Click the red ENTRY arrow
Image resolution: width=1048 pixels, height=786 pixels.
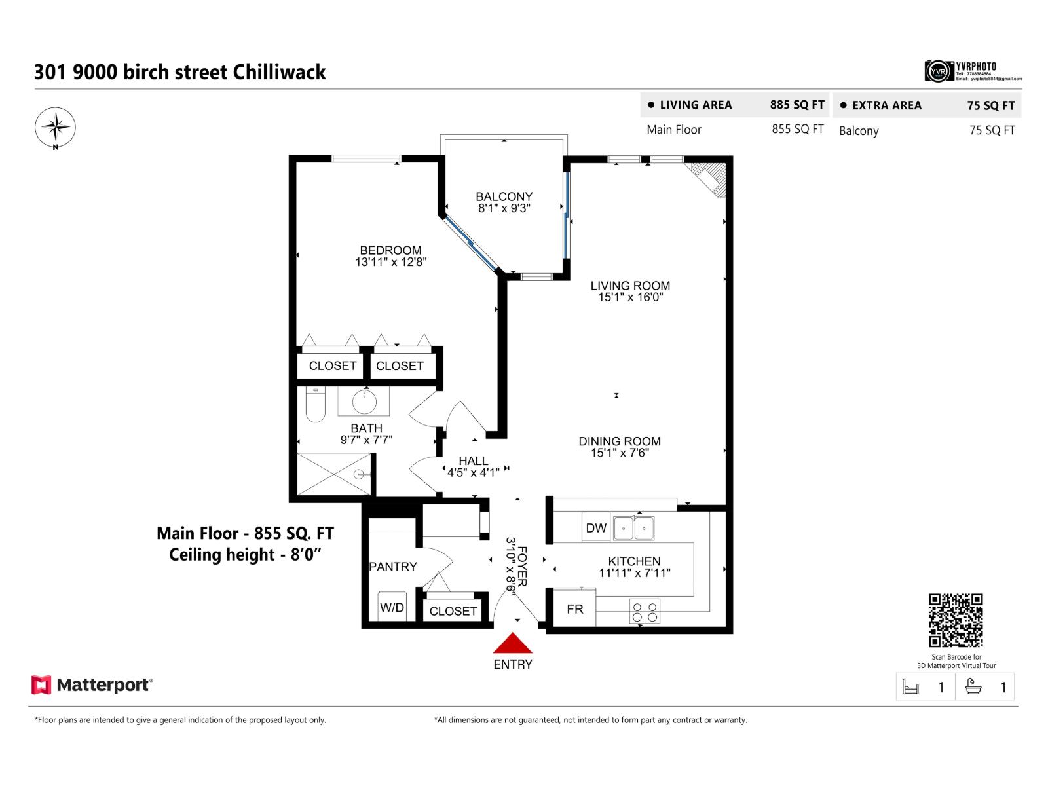513,644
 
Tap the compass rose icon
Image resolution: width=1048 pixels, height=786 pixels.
56,127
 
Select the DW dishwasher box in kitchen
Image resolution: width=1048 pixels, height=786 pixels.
596,527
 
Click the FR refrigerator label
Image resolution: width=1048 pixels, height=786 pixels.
575,609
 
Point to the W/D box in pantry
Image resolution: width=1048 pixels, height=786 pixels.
392,607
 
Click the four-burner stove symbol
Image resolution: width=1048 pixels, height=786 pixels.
645,612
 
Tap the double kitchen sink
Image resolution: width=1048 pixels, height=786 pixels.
633,527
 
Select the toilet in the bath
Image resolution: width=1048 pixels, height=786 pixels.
316,404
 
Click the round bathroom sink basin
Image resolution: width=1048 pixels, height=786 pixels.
364,402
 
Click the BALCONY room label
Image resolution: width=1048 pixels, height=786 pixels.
504,196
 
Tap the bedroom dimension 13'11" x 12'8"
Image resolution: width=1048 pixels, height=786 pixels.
391,262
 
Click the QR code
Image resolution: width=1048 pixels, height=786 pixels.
956,620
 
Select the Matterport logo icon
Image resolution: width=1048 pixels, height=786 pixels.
41,685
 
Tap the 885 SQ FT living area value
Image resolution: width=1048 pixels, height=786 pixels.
797,105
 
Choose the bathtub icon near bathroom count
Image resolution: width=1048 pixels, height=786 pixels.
974,686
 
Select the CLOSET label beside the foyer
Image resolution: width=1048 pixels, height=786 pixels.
453,611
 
